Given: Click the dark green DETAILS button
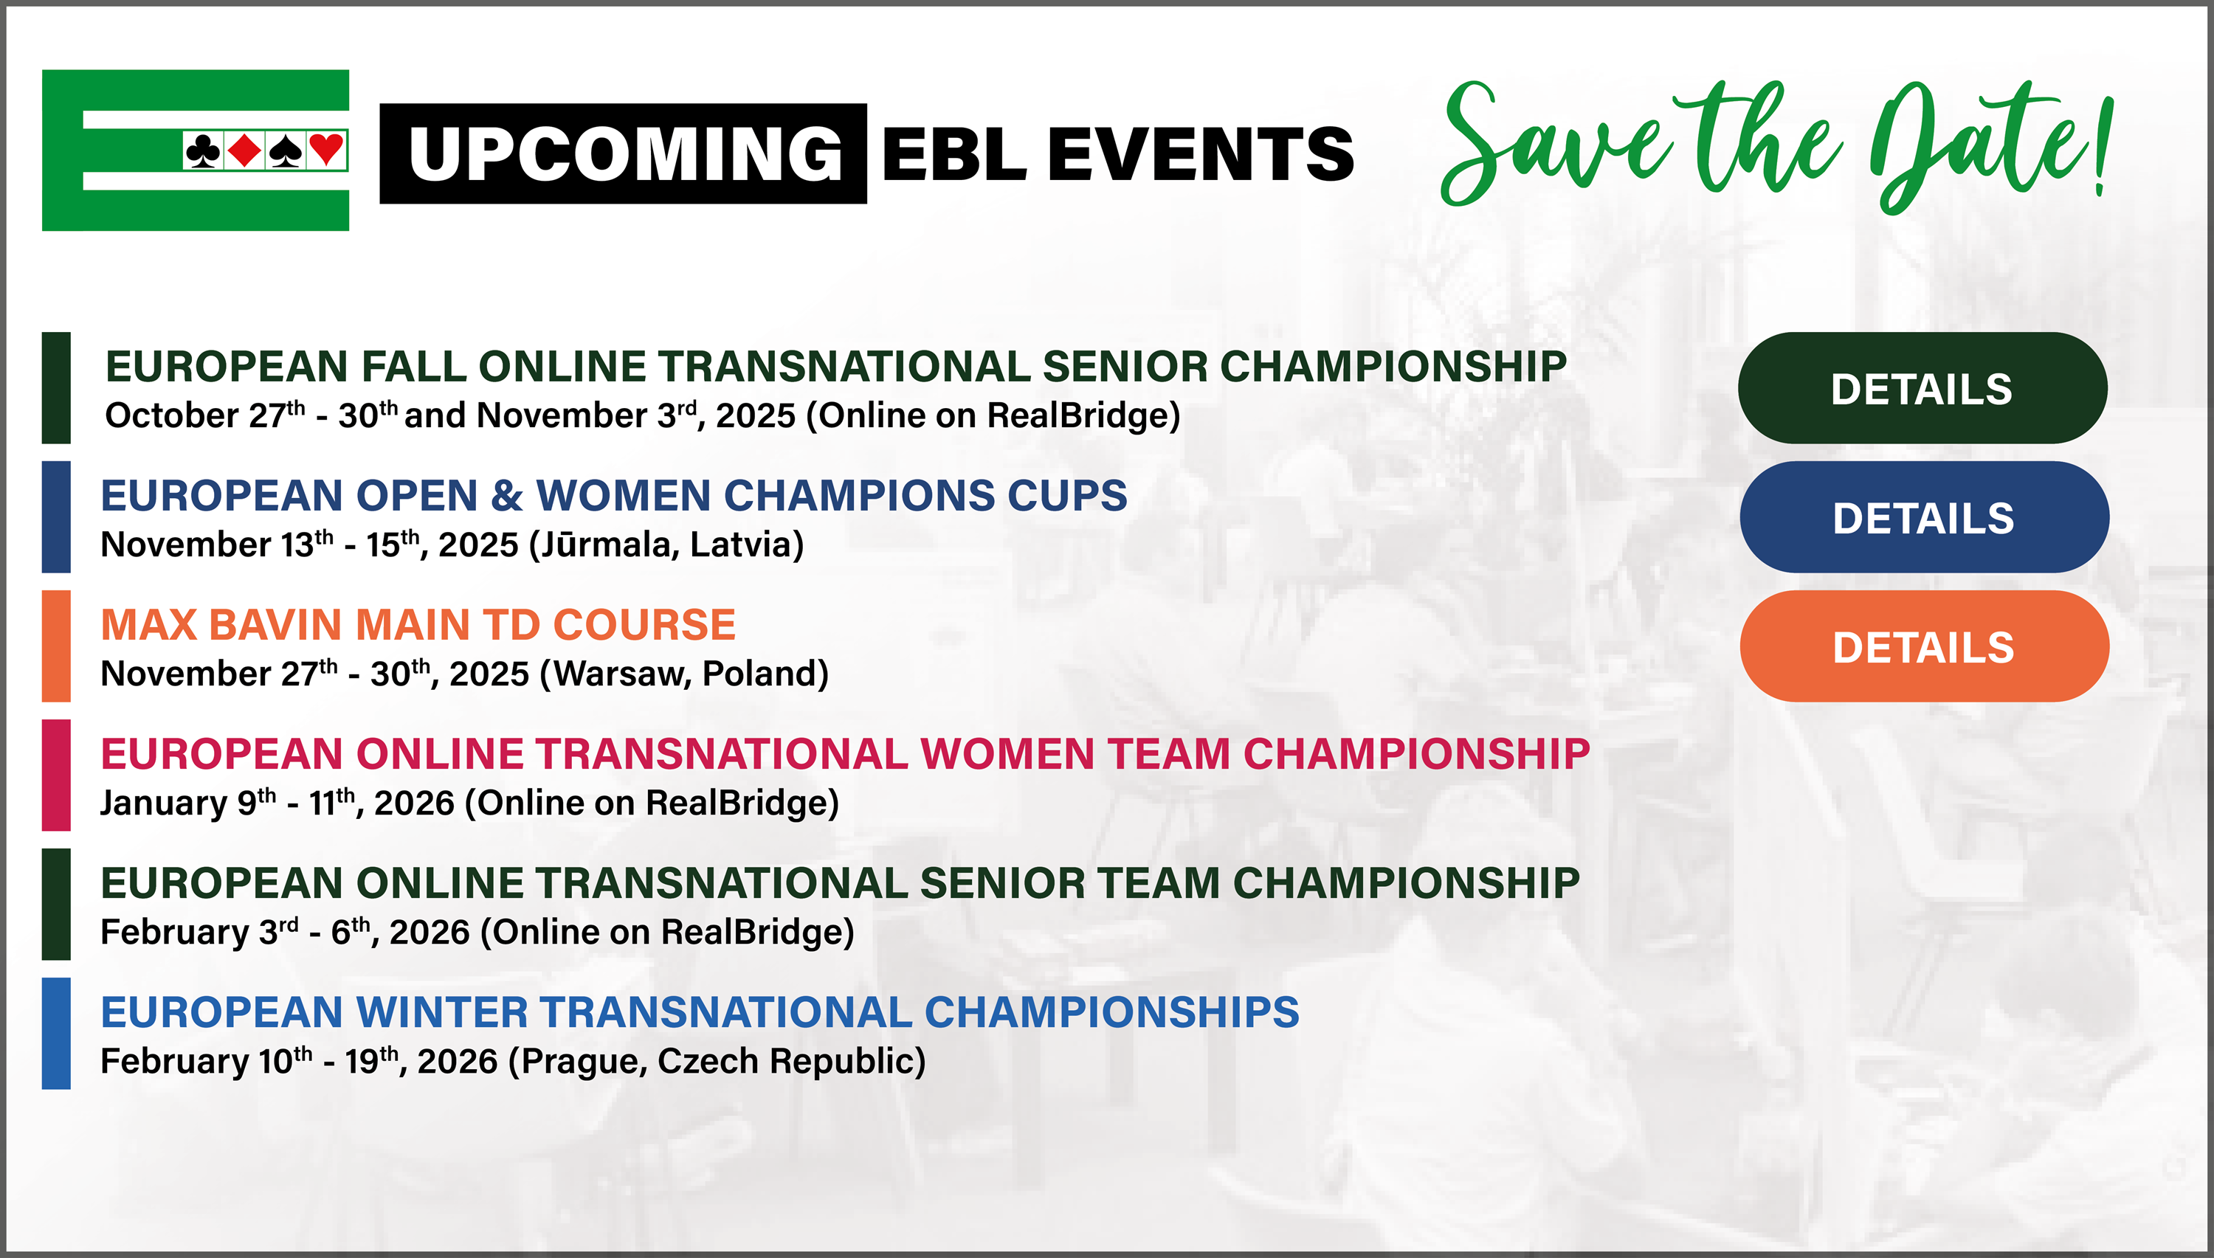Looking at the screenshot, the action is pos(1922,388).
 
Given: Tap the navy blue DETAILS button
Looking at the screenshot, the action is pos(1924,516).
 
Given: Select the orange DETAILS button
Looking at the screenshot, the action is pos(1924,646).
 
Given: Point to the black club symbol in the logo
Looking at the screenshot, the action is pos(203,151).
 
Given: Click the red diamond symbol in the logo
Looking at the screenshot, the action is pos(244,151).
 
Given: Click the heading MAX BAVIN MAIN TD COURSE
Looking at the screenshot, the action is pos(418,625).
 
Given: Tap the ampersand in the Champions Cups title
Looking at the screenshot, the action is pos(506,496).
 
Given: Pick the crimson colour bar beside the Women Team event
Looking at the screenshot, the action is pos(56,775).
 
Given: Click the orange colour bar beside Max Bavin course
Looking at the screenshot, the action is pos(56,646).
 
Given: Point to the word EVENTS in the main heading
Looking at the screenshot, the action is pos(1201,153).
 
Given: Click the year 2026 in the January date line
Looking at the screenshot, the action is pos(414,803).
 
